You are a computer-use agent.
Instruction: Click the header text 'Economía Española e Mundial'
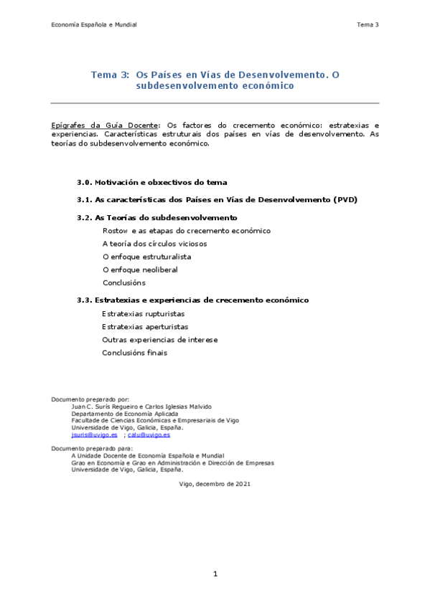tap(94, 25)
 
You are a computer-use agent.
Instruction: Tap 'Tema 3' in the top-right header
tap(367, 25)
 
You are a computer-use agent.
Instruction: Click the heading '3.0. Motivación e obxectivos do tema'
tap(152, 182)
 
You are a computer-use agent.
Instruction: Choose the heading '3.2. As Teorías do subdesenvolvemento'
tap(157, 217)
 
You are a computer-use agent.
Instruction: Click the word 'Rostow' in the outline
tap(115, 231)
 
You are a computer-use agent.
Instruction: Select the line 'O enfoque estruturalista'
tap(146, 257)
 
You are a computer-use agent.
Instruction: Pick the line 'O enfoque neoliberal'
tap(140, 270)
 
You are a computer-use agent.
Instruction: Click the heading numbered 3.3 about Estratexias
tap(193, 300)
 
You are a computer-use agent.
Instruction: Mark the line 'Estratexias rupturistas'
tap(144, 314)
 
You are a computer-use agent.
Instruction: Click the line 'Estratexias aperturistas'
tap(145, 327)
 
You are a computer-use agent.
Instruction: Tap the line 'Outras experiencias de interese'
tap(159, 340)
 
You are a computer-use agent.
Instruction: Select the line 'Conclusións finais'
tap(134, 353)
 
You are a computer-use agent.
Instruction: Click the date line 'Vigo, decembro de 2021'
tap(215, 484)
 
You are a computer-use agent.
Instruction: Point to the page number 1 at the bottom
tap(215, 574)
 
